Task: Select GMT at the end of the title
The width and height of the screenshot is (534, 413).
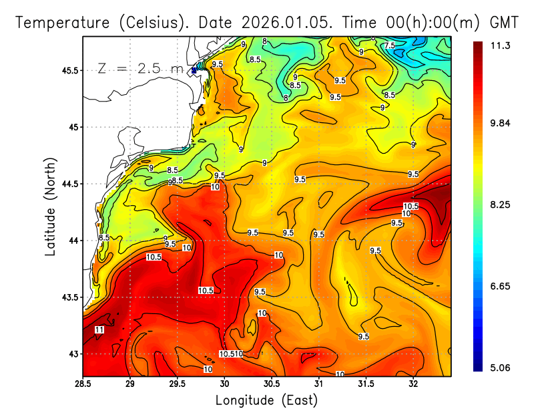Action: pyautogui.click(x=505, y=22)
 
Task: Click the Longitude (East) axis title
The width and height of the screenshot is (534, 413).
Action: pyautogui.click(x=266, y=400)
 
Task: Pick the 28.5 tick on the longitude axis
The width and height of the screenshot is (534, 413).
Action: pyautogui.click(x=83, y=384)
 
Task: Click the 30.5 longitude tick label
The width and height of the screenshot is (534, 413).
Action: pyautogui.click(x=272, y=384)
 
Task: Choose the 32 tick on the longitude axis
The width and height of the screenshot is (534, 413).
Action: pyautogui.click(x=413, y=384)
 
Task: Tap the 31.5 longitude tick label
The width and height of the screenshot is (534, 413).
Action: pyautogui.click(x=366, y=384)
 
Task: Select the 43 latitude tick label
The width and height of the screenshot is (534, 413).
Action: pyautogui.click(x=72, y=354)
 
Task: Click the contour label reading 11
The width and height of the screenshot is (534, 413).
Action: pyautogui.click(x=99, y=329)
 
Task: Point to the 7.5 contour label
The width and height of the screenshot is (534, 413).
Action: pyautogui.click(x=389, y=45)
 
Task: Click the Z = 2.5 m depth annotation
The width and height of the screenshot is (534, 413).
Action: pyautogui.click(x=140, y=68)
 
